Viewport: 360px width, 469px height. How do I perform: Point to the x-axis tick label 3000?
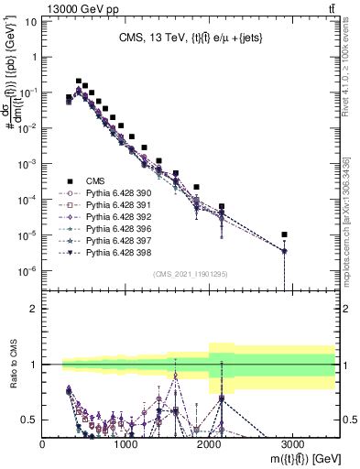click(x=292, y=442)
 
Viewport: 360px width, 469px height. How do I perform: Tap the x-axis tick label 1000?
click(x=125, y=442)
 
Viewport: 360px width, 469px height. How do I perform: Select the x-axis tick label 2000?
click(x=209, y=442)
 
